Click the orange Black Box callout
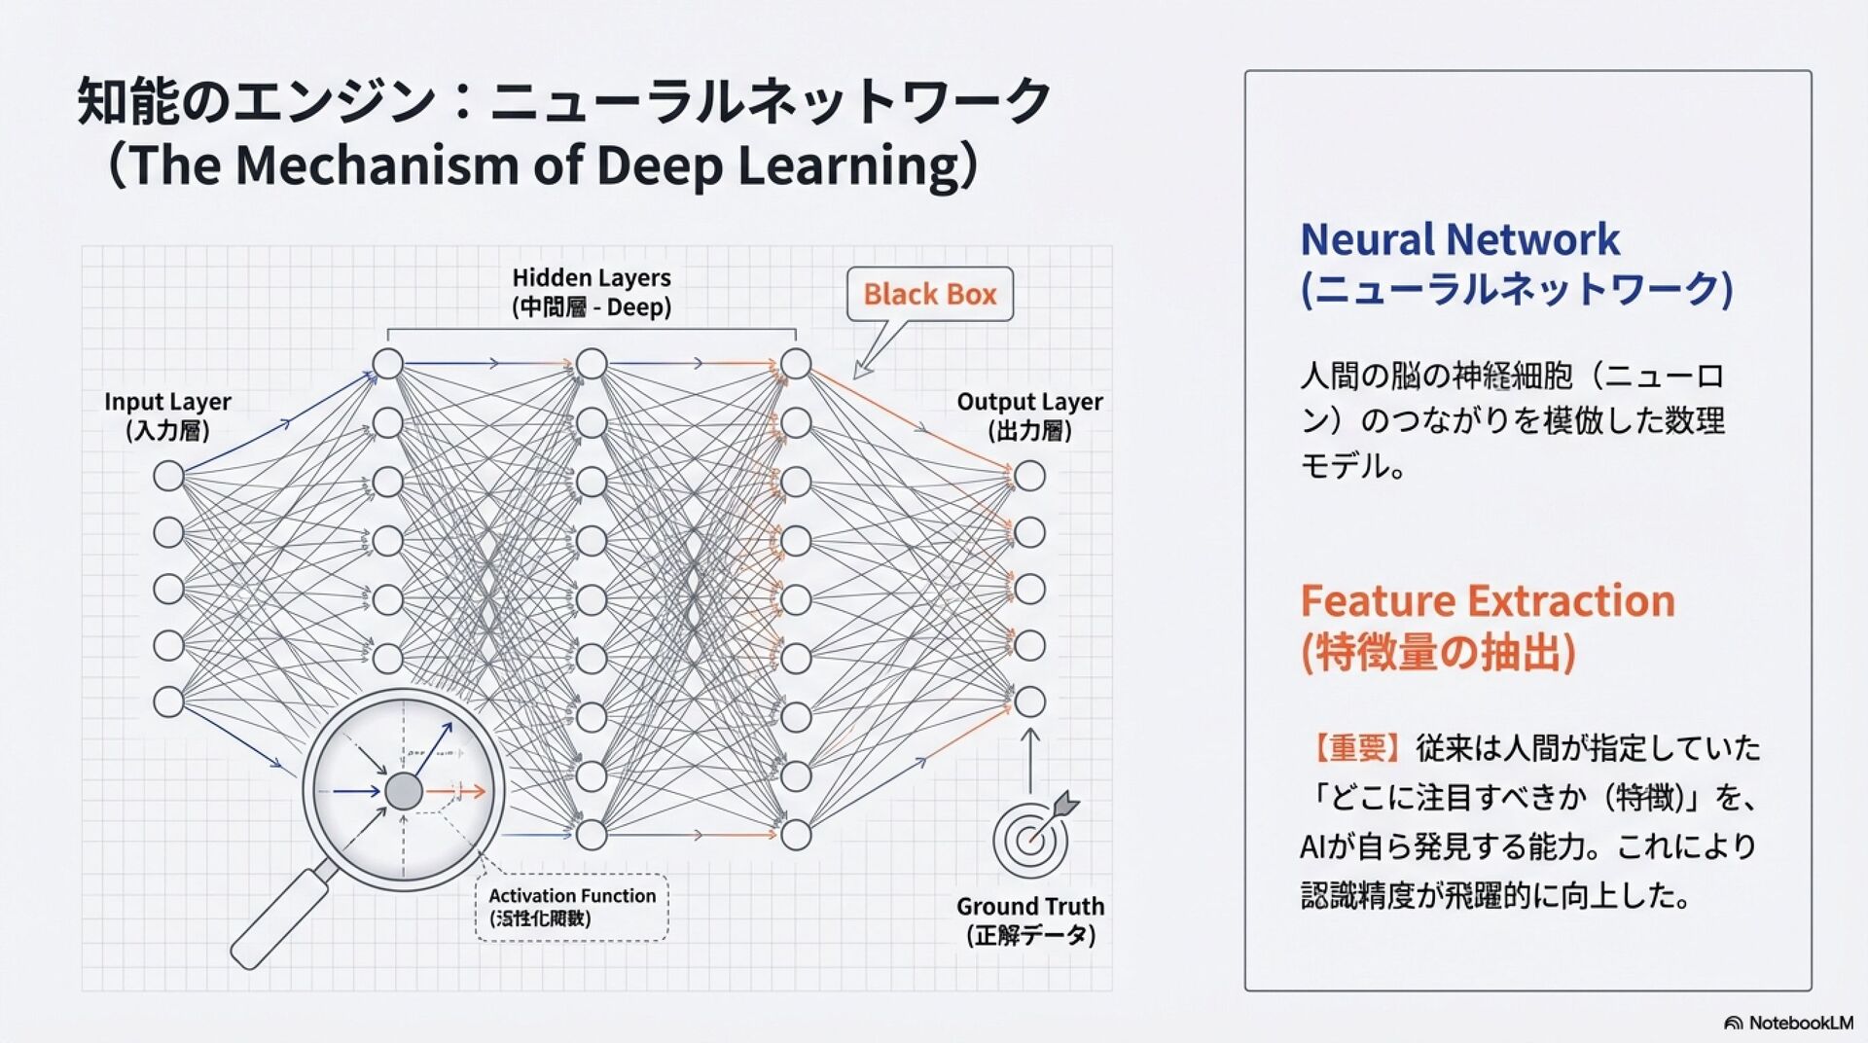tap(929, 294)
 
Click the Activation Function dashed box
tap(572, 907)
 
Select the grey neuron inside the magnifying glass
tap(404, 792)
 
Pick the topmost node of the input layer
tap(168, 476)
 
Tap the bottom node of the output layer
tap(1029, 701)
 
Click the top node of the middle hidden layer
tap(592, 364)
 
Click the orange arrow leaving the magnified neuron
tap(457, 792)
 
